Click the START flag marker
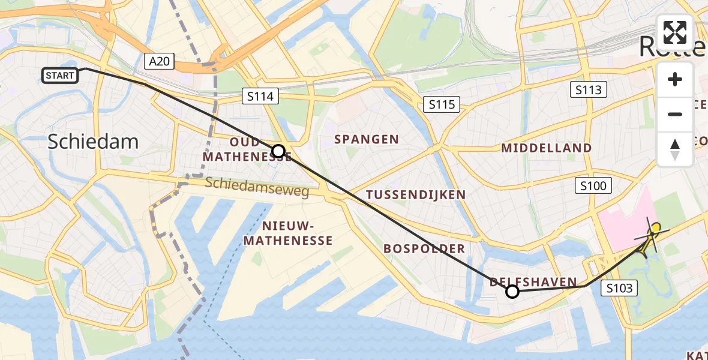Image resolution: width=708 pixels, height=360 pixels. (60, 76)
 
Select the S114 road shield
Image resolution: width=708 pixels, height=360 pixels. (260, 95)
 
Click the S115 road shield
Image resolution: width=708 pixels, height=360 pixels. (441, 104)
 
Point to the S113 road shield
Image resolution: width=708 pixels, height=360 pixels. (588, 90)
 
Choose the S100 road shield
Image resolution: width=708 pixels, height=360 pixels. (593, 186)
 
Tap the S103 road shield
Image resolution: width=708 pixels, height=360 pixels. (619, 289)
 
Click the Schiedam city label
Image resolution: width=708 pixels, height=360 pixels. (93, 142)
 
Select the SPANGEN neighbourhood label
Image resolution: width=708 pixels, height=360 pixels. (367, 139)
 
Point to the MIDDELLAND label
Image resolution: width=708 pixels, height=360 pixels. (547, 148)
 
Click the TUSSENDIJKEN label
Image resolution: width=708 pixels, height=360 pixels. (416, 194)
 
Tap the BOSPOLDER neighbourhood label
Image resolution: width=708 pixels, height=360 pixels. (424, 248)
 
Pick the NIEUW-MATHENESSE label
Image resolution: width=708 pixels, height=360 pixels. (297, 233)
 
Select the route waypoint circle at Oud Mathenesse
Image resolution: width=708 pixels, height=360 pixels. (278, 151)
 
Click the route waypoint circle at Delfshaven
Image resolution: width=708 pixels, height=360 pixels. (512, 292)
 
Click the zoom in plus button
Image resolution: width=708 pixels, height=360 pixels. (675, 79)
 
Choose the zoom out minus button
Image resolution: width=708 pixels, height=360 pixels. (675, 114)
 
